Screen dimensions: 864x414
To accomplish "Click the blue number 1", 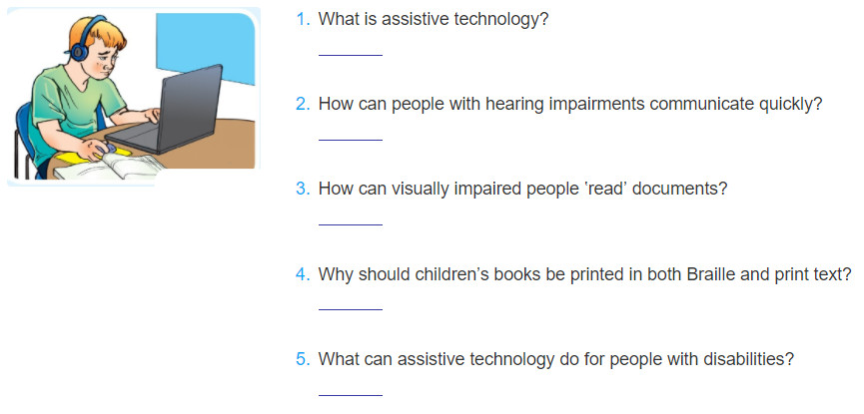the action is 303,20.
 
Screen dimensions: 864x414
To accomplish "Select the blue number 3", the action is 303,189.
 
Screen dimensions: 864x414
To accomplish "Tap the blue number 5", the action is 303,359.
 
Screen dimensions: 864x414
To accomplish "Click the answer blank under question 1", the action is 351,55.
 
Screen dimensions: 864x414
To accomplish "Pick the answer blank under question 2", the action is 351,140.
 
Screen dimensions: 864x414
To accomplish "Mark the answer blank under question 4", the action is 351,309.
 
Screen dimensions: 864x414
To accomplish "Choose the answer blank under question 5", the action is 351,395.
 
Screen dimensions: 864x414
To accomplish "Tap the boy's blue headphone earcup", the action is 79,52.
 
